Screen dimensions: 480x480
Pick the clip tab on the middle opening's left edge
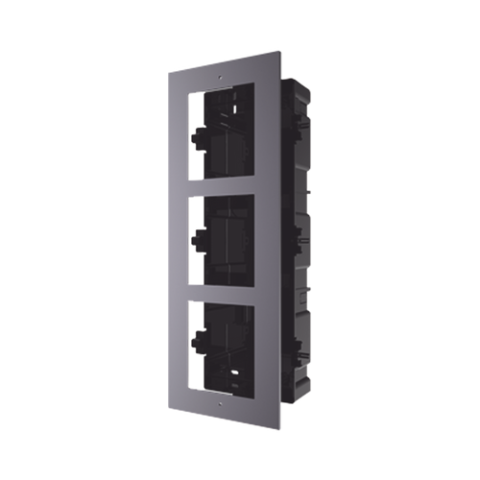(197, 236)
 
